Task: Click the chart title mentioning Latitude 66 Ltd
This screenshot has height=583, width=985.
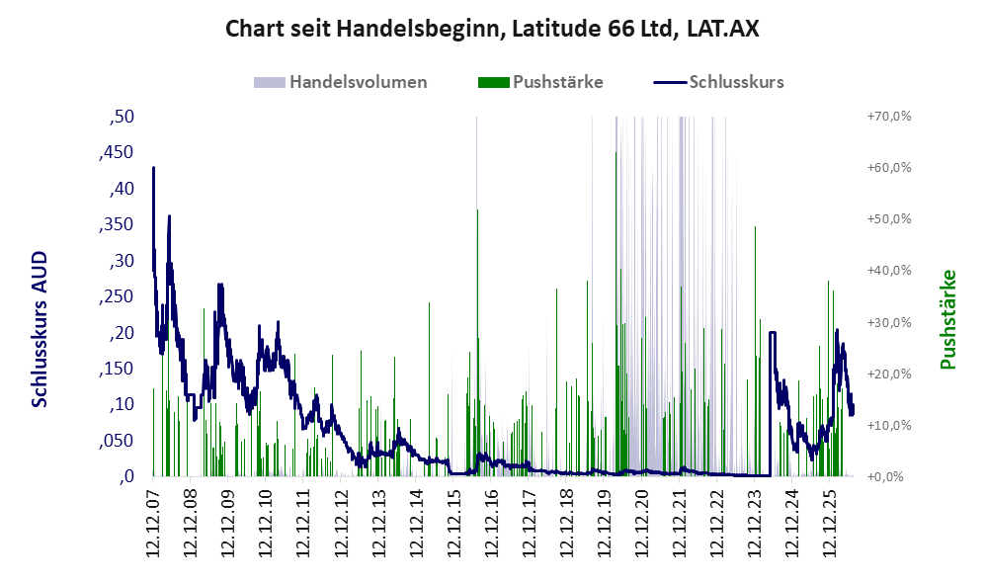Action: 492,29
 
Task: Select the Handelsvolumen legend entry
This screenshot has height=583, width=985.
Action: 341,82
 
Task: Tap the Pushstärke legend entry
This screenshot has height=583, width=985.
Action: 540,82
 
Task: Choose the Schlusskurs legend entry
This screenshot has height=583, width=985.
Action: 718,82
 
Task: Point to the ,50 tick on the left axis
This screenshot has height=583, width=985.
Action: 122,117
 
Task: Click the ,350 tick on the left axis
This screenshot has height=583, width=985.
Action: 117,224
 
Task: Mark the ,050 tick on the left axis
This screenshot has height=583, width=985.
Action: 117,441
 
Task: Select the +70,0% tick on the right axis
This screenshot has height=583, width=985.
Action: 889,117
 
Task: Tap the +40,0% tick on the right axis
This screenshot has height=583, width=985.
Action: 889,270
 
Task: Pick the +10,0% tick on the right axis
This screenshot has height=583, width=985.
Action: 889,425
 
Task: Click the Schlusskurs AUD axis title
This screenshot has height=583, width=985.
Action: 40,329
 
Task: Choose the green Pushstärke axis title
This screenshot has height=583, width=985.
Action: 947,319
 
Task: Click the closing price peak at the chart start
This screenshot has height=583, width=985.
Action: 153,168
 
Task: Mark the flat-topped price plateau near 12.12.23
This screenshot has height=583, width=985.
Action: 772,332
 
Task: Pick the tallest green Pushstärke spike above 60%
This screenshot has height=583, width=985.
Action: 616,152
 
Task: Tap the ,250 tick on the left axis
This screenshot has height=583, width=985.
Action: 117,296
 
